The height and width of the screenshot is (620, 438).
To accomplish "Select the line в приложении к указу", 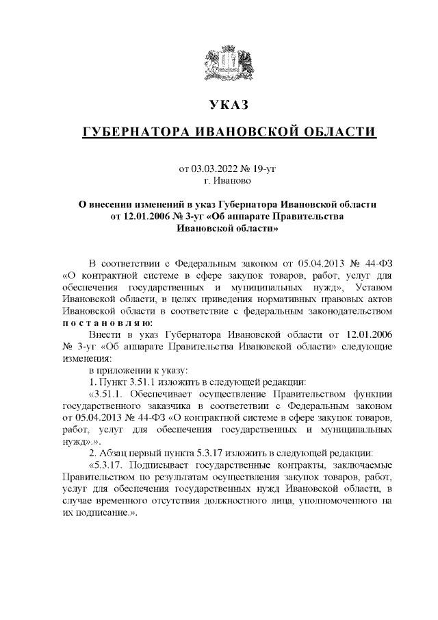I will click(x=131, y=369).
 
